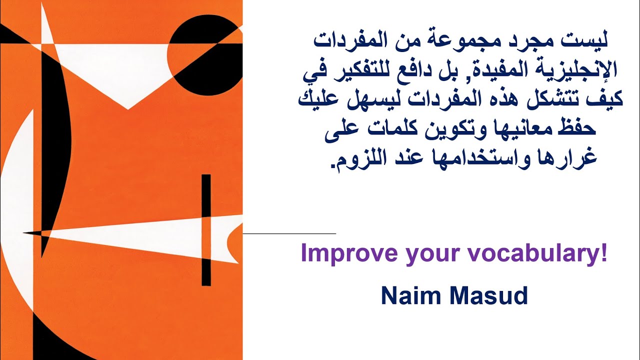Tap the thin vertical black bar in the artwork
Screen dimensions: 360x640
[206, 230]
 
